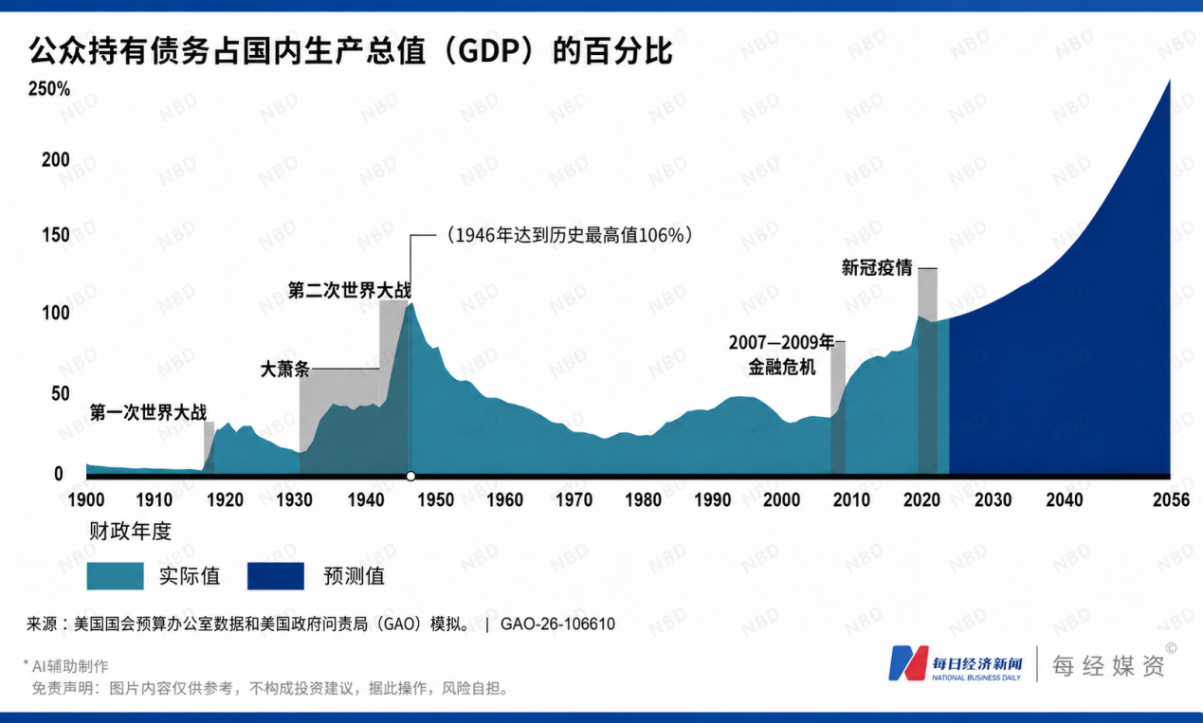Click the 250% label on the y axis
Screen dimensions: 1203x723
click(49, 88)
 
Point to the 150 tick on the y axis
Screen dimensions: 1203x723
click(56, 235)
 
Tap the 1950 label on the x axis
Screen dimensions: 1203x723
click(435, 500)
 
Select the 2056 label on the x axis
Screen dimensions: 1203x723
click(1171, 500)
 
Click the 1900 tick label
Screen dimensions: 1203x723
click(86, 500)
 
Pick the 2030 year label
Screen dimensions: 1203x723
click(993, 500)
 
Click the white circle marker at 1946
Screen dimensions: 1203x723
click(410, 476)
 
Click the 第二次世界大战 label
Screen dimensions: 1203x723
click(350, 290)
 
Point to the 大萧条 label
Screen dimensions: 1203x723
click(285, 370)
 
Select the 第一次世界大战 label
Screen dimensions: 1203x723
click(148, 412)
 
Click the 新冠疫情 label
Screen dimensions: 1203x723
click(877, 267)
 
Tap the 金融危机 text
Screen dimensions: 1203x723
click(782, 367)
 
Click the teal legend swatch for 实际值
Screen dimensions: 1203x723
click(116, 576)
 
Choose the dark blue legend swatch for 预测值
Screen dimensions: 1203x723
click(276, 576)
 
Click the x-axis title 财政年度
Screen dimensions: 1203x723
click(130, 532)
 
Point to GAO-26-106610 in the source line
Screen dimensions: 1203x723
click(557, 624)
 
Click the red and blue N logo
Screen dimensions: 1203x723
click(908, 663)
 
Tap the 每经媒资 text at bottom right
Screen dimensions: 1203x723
click(1108, 666)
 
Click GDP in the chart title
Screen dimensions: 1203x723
click(484, 51)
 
